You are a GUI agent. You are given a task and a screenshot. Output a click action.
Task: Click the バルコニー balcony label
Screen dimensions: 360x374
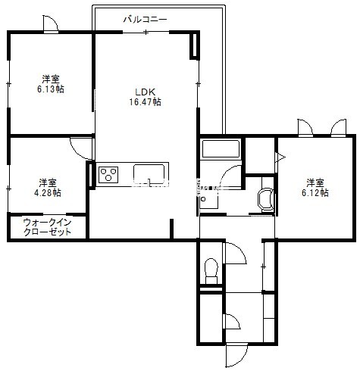coord(145,20)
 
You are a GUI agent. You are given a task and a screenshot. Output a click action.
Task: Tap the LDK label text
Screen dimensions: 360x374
coord(145,92)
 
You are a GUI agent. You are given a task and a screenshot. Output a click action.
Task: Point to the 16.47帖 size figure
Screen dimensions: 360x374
coord(145,101)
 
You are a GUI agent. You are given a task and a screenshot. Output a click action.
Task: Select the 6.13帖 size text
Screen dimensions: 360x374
coord(51,89)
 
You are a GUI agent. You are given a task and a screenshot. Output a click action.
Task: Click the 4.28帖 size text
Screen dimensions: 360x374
coord(48,192)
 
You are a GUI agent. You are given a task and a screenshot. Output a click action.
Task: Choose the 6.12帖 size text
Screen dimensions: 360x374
coord(315,192)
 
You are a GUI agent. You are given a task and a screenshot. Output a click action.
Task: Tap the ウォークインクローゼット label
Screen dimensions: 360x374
coord(47,227)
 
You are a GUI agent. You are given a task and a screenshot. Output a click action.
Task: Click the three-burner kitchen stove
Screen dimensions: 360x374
coord(108,174)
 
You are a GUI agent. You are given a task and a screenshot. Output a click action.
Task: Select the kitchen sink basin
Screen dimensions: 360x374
coord(149,173)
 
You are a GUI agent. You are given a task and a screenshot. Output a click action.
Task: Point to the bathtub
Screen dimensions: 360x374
coord(221,148)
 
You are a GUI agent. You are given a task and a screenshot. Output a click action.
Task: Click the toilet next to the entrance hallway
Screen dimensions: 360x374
coord(211,271)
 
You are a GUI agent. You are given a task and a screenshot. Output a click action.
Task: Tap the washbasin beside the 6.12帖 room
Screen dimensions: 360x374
coord(265,200)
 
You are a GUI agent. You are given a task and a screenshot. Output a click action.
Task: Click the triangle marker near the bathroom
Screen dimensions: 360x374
coord(280,157)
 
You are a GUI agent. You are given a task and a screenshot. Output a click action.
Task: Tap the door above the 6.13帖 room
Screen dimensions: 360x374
coord(51,23)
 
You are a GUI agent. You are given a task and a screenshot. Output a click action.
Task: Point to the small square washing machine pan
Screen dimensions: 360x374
coord(208,199)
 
